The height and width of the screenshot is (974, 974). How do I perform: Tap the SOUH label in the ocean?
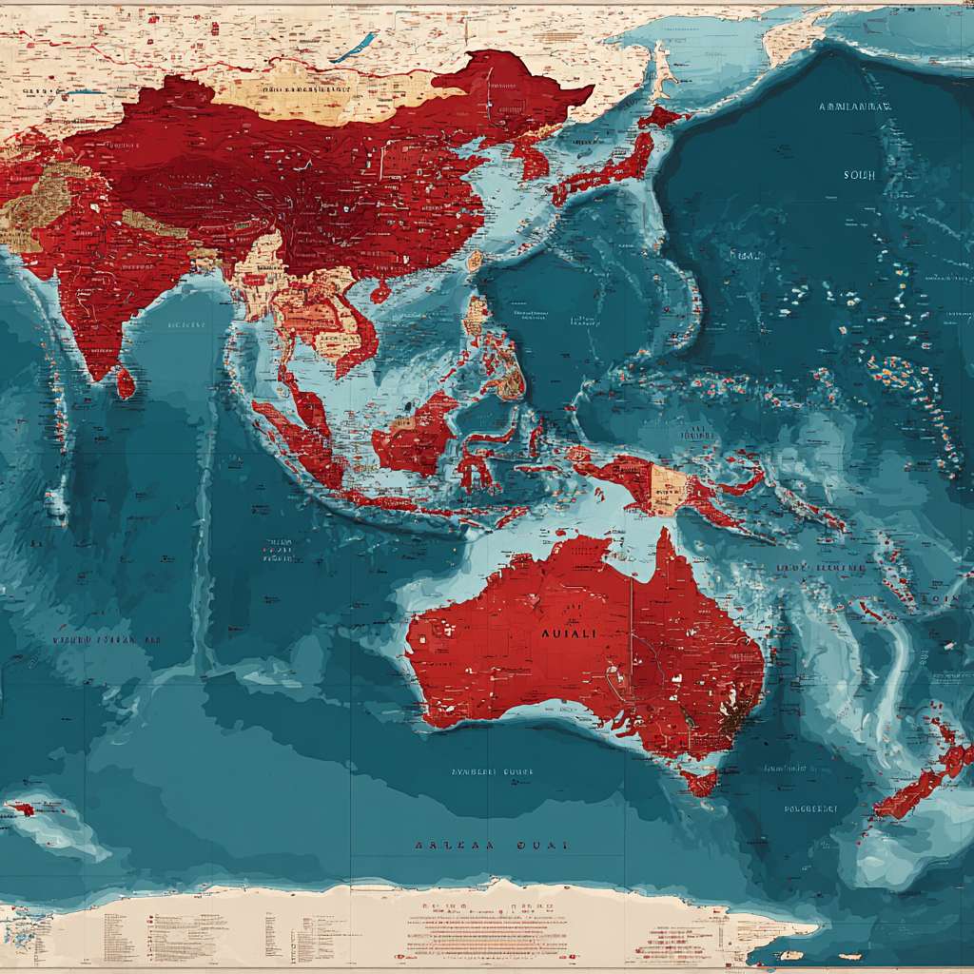(x=859, y=175)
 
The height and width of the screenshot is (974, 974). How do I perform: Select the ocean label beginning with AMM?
(x=854, y=107)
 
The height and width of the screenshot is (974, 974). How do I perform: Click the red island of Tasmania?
(x=701, y=782)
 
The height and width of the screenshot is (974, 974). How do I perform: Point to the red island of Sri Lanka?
(x=125, y=383)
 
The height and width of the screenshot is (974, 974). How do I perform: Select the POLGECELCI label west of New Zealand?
(x=810, y=809)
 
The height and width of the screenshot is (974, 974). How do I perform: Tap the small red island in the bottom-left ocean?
(x=22, y=809)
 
